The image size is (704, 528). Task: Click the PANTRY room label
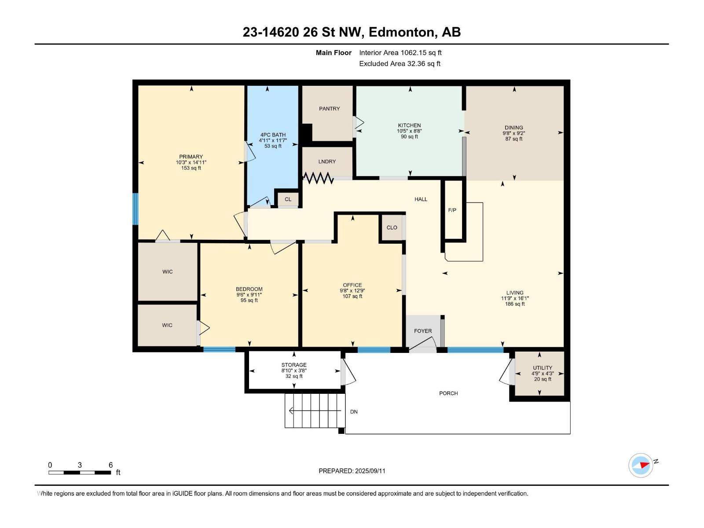tap(329, 109)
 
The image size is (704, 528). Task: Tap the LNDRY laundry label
tap(327, 161)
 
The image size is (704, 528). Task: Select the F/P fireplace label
tap(452, 210)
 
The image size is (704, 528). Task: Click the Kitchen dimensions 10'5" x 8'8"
tap(409, 131)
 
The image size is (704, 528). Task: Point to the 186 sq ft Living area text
tap(515, 304)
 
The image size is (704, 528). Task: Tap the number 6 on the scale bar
tap(110, 465)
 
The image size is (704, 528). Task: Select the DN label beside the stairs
tap(354, 412)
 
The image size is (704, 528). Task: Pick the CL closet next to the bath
tap(288, 199)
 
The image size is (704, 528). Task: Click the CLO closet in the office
tap(392, 227)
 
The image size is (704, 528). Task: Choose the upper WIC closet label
tap(167, 272)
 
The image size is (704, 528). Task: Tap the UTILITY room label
tap(542, 368)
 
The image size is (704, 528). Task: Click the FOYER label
tap(422, 331)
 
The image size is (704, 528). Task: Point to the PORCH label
tap(448, 393)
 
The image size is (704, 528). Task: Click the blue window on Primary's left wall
tap(136, 209)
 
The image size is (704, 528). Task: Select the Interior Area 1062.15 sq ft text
tap(400, 53)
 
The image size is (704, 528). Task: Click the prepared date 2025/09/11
tap(370, 471)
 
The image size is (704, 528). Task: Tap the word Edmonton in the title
tap(401, 32)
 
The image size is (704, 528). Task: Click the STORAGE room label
tap(294, 365)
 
